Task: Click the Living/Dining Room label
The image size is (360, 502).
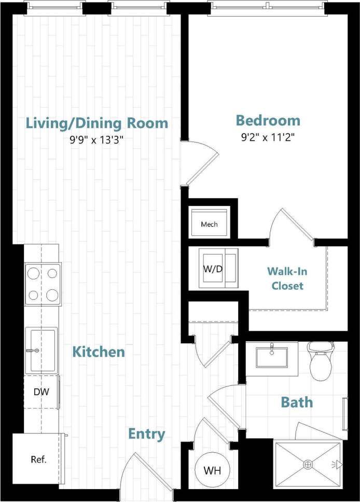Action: tap(97, 123)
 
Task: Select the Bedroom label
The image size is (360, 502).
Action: tap(268, 121)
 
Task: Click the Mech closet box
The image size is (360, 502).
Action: tap(209, 222)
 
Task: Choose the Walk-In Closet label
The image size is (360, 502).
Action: tap(285, 278)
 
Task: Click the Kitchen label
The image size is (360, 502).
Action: tap(99, 352)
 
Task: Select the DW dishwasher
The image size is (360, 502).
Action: tap(41, 392)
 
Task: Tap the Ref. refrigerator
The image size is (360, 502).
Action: tap(38, 459)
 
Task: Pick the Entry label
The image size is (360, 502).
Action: tap(147, 434)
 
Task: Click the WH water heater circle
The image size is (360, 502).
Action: tap(212, 471)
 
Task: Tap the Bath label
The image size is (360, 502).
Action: tap(297, 402)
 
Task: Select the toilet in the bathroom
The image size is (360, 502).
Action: tap(321, 360)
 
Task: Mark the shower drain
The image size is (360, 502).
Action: tap(308, 465)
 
